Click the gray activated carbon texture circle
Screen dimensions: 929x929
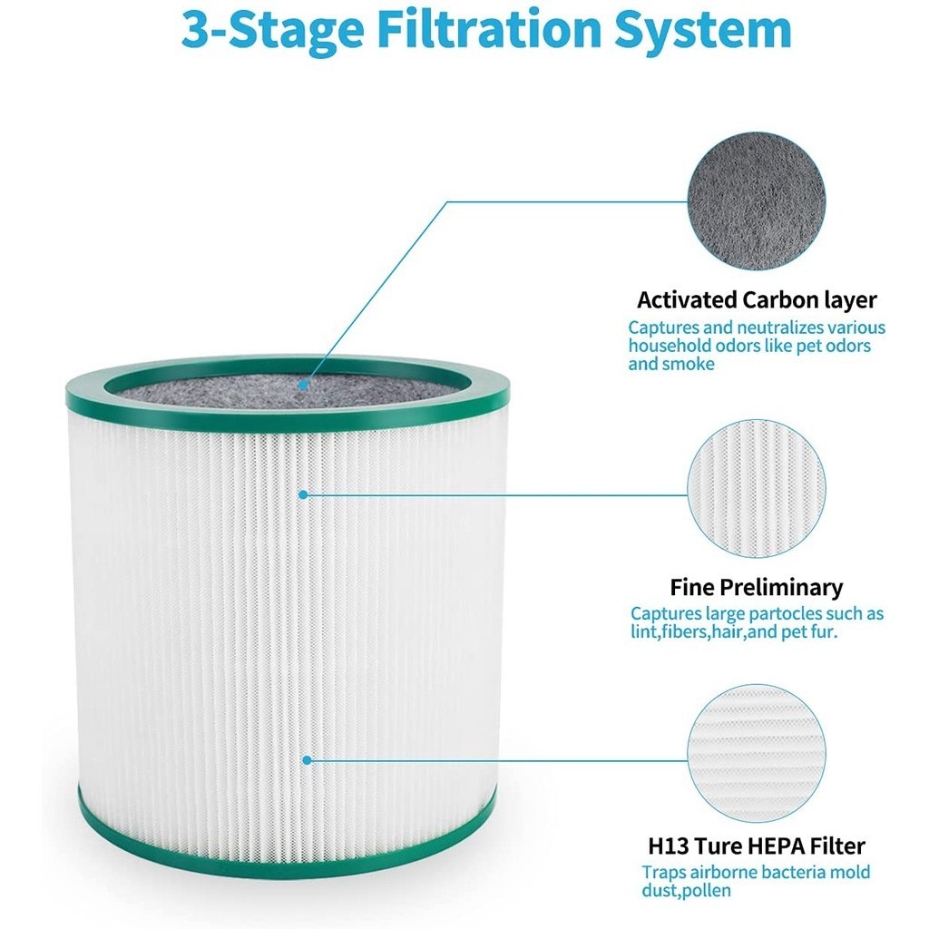(x=756, y=201)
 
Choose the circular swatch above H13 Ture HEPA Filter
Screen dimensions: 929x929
(x=756, y=753)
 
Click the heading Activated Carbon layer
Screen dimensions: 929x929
(x=757, y=299)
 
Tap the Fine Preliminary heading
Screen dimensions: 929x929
(x=756, y=587)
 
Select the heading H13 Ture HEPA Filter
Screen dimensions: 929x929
(x=756, y=846)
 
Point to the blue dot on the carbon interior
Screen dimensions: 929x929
(x=303, y=385)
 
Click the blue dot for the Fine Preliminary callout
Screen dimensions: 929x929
(x=303, y=494)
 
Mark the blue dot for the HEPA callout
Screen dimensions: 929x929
(x=307, y=760)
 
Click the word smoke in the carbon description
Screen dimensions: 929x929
(x=689, y=364)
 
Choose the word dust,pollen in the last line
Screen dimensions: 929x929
(x=686, y=891)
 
